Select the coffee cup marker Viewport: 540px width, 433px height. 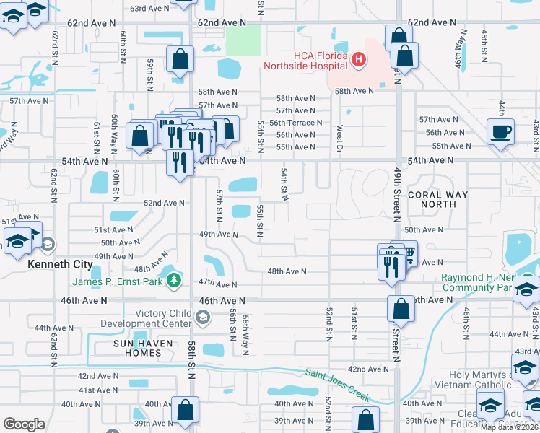[x=501, y=132]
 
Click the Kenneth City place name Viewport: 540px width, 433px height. [x=61, y=264]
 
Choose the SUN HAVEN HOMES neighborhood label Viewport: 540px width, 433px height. [x=136, y=348]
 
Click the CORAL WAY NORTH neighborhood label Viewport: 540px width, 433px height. [x=437, y=199]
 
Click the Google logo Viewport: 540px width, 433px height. [x=24, y=424]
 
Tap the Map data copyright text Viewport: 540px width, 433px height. [x=510, y=427]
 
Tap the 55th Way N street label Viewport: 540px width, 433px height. [x=246, y=335]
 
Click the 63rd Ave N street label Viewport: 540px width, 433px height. [x=153, y=9]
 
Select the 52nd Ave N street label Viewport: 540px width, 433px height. [x=164, y=204]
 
